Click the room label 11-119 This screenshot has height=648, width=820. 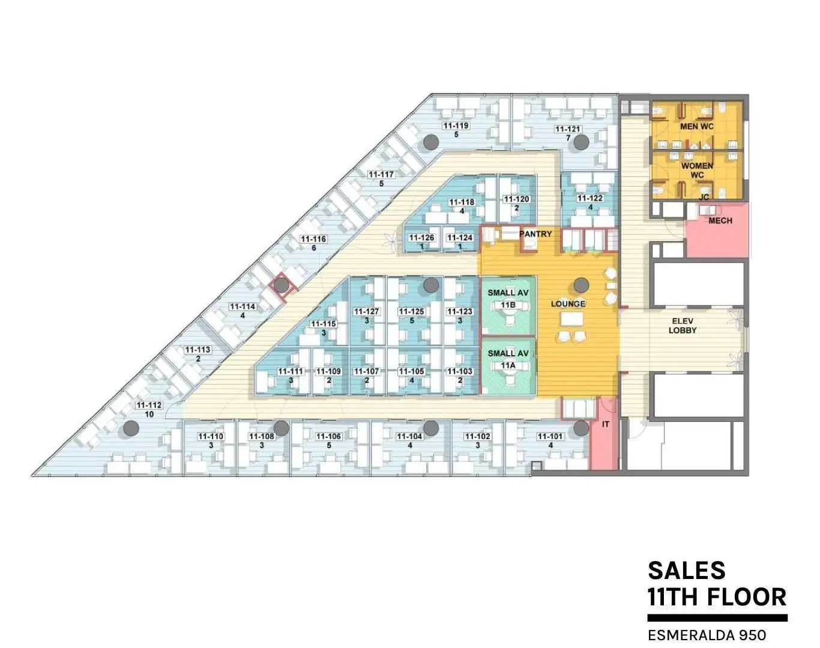tap(456, 126)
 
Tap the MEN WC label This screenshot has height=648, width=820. tap(696, 127)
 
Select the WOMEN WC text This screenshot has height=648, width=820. tap(697, 170)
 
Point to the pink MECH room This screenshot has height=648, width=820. tap(717, 230)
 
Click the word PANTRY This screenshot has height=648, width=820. tap(535, 234)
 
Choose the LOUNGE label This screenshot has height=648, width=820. tap(568, 304)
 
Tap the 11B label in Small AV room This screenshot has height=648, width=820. tap(508, 305)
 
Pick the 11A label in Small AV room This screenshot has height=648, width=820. tap(508, 366)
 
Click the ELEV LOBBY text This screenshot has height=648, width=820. tap(683, 326)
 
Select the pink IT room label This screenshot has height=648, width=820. tap(606, 424)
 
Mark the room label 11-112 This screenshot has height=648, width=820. tap(149, 406)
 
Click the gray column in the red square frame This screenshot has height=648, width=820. tap(281, 285)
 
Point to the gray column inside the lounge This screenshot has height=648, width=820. tap(581, 286)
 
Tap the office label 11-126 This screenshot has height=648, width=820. tap(421, 238)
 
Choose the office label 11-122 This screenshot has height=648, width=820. tap(590, 198)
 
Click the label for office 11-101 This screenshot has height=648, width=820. tap(550, 436)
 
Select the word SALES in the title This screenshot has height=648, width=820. tap(687, 571)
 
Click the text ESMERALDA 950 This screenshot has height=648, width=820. tap(707, 635)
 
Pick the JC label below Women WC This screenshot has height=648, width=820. tap(704, 197)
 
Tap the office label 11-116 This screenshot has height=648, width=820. tap(313, 239)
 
